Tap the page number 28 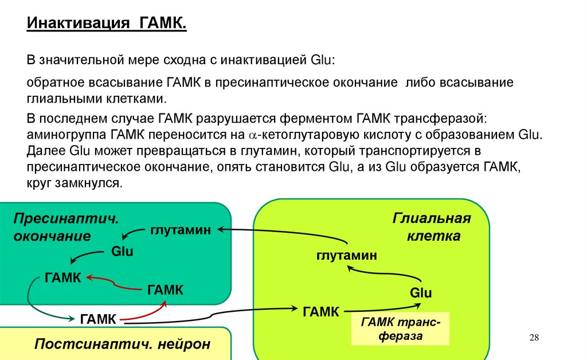click(534, 337)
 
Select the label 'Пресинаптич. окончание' click(66, 228)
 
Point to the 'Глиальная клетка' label click(432, 227)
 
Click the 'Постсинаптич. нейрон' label click(123, 344)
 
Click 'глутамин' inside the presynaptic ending click(181, 229)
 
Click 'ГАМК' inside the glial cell click(321, 311)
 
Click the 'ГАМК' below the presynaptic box click(99, 319)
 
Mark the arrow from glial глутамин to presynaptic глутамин click(287, 231)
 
